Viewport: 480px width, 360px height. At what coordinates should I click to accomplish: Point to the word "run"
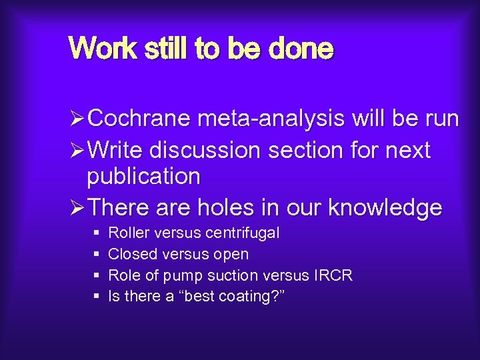point(439,119)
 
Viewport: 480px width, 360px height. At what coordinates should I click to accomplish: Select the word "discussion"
point(206,150)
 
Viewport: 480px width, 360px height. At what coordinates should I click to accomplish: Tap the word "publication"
point(143,177)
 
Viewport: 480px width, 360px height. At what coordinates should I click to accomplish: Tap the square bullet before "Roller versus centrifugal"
point(97,233)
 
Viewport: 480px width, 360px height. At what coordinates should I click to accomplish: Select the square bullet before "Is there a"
point(97,296)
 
